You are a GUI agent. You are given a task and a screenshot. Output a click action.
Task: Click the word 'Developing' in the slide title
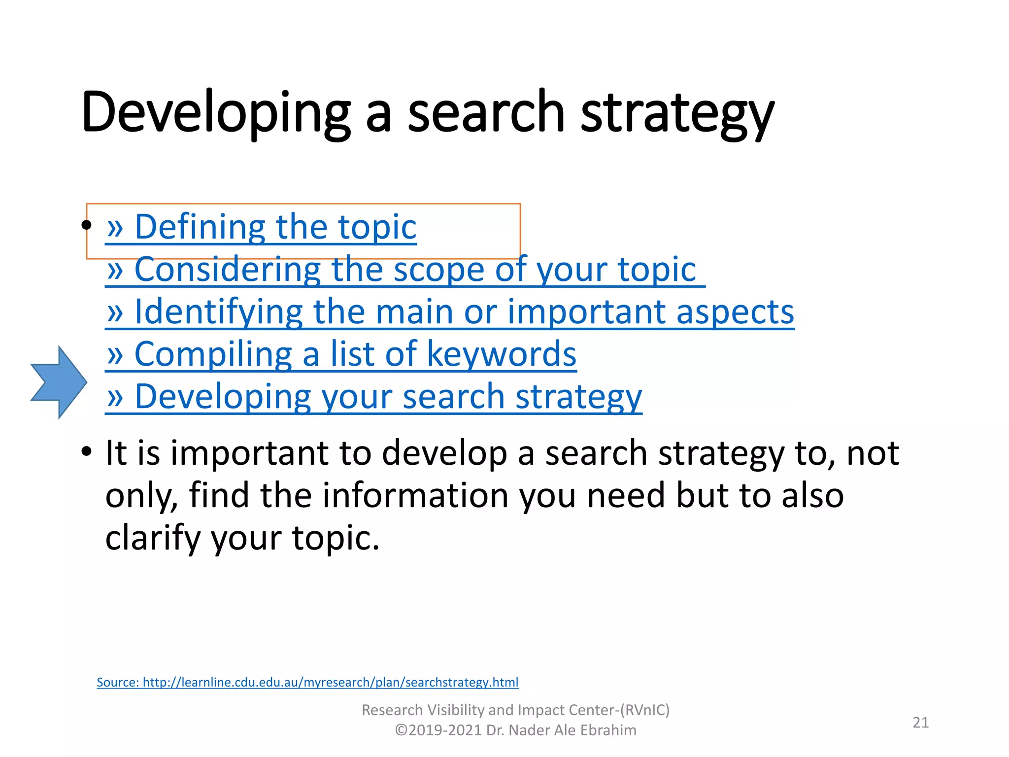[x=216, y=112]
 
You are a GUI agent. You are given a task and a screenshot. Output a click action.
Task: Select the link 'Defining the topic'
[x=262, y=227]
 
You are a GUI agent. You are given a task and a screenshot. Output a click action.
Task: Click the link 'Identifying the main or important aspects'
[x=450, y=312]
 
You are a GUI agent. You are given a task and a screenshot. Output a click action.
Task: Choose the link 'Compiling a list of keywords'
[x=341, y=354]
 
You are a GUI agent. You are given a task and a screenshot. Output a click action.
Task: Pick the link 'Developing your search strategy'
[x=373, y=397]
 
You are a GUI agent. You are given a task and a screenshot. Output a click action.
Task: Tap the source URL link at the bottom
[x=307, y=682]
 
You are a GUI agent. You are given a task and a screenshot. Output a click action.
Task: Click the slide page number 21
[x=920, y=723]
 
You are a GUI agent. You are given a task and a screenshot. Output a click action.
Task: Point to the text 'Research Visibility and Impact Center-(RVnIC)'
[x=515, y=710]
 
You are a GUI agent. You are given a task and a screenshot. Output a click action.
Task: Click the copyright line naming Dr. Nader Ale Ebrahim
[x=515, y=730]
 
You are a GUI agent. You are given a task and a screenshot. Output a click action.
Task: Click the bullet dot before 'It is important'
[x=87, y=451]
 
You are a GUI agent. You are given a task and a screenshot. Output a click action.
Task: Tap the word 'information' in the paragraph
[x=415, y=495]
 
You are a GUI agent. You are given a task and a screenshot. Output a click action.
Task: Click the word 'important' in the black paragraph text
[x=249, y=453]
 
